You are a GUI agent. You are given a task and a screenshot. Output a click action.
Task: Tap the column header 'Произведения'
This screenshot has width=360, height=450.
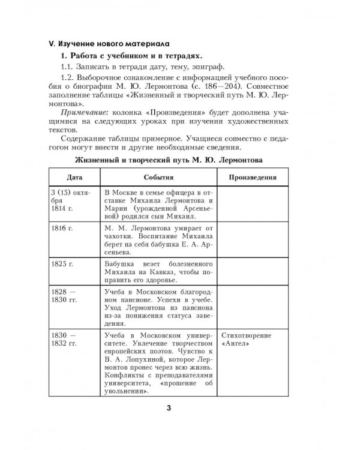tap(253, 178)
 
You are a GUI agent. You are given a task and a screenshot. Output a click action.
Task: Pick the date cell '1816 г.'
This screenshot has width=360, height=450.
tap(59, 229)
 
